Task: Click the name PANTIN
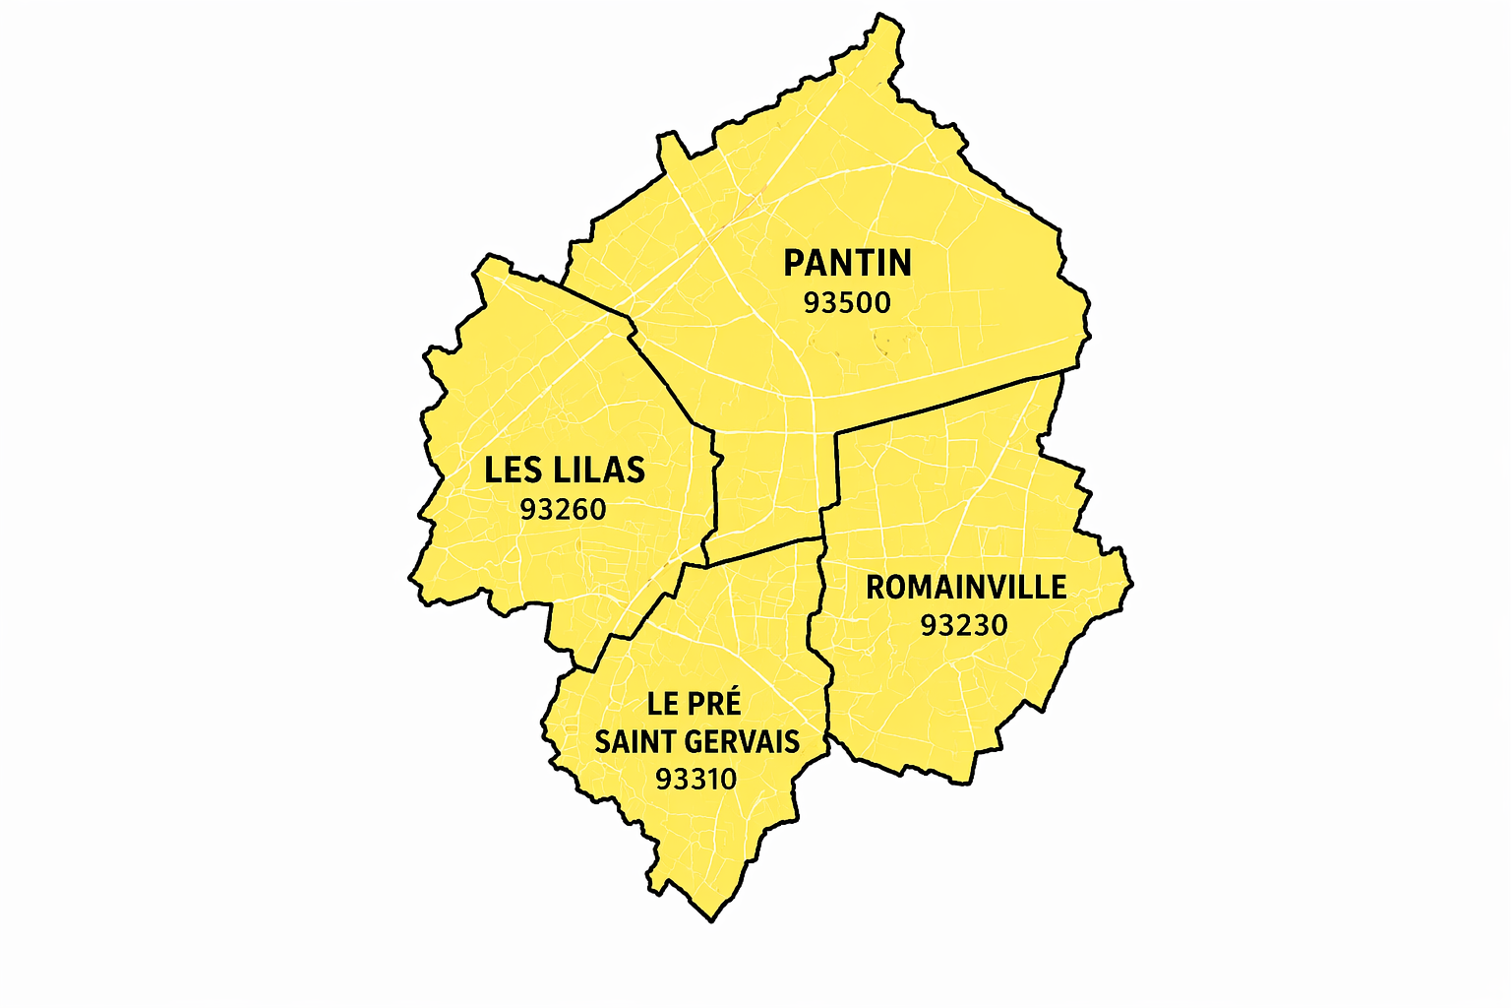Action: pyautogui.click(x=847, y=263)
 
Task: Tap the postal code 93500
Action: pyautogui.click(x=847, y=302)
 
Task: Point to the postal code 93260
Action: pyautogui.click(x=563, y=509)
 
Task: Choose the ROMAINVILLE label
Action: pyautogui.click(x=966, y=587)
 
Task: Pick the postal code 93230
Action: pyautogui.click(x=964, y=625)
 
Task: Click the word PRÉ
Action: pyautogui.click(x=715, y=703)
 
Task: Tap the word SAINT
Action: pyautogui.click(x=635, y=741)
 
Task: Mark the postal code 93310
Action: pyautogui.click(x=695, y=779)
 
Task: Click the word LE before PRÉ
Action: pyautogui.click(x=662, y=703)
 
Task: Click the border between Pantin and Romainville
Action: pyautogui.click(x=944, y=404)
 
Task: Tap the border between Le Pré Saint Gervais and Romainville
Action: pyautogui.click(x=818, y=640)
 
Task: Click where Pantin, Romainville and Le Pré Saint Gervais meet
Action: pyautogui.click(x=823, y=538)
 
